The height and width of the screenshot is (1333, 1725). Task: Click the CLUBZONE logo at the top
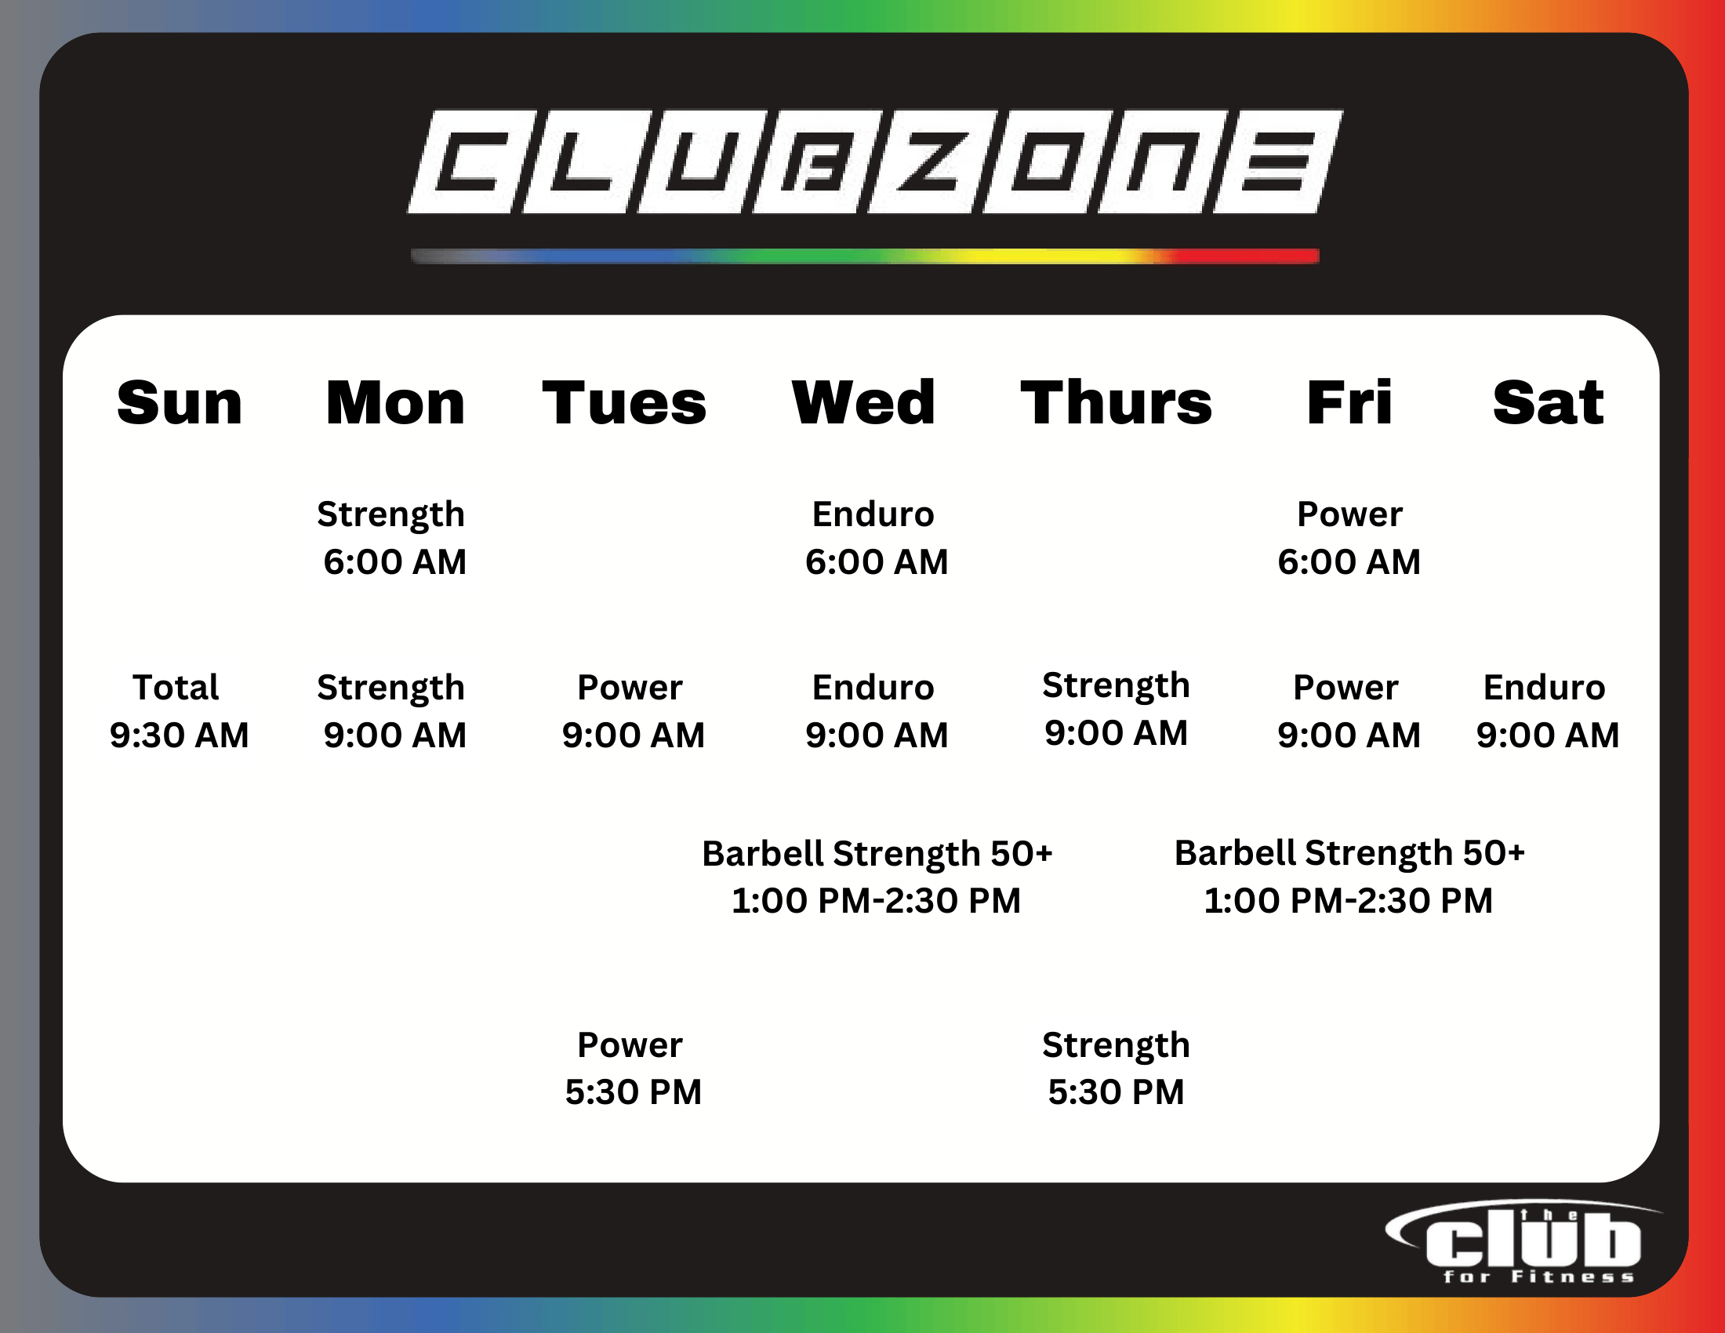click(875, 161)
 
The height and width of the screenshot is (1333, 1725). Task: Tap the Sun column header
click(180, 403)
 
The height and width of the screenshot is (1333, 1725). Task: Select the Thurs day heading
click(1116, 402)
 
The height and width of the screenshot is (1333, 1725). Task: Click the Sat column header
click(1548, 403)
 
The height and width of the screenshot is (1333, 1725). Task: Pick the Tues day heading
click(624, 403)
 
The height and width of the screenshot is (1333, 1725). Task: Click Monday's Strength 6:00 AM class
click(393, 539)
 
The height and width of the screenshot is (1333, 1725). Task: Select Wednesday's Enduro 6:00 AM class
click(875, 539)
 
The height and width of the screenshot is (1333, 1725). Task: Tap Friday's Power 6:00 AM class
click(1349, 539)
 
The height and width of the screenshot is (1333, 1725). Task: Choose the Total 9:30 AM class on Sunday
click(179, 711)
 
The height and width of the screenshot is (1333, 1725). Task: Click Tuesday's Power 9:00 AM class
click(633, 711)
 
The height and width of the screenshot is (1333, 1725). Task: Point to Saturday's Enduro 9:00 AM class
click(1547, 711)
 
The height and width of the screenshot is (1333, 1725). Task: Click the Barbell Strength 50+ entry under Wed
click(877, 877)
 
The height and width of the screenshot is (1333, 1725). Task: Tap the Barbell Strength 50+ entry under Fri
click(1349, 877)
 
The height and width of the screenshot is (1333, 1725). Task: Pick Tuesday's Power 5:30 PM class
click(633, 1069)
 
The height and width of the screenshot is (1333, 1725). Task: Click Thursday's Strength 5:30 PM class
click(1116, 1069)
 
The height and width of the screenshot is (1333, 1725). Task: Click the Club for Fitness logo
click(1524, 1242)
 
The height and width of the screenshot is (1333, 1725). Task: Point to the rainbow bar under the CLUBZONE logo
click(865, 256)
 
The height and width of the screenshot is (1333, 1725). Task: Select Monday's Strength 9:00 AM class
click(393, 711)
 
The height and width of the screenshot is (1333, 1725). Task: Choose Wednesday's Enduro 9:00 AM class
click(875, 711)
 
